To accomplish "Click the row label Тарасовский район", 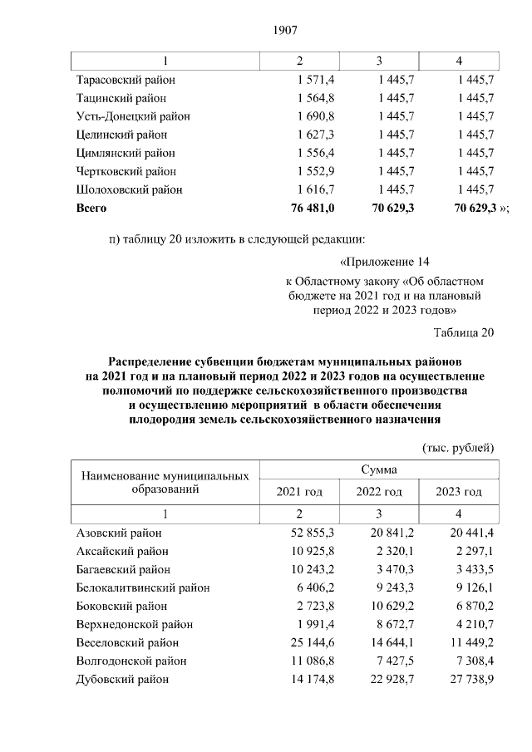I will point(126,80).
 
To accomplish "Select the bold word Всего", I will point(91,208).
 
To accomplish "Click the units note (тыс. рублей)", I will point(459,447).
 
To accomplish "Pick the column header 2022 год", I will point(379,492).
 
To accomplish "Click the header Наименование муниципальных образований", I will point(165,483).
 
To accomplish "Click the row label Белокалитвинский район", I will point(142,587).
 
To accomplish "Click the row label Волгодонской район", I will point(131,661).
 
